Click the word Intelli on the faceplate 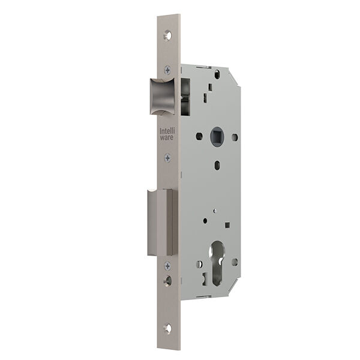pos(167,131)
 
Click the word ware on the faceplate pos(167,137)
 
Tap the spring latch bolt pos(163,97)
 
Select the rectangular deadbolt pos(163,222)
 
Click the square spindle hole pos(217,137)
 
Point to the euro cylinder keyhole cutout pos(217,263)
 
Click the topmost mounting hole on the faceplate pos(168,35)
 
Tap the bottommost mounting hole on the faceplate pos(168,328)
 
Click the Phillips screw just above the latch pos(168,70)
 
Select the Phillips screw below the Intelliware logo pos(168,158)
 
